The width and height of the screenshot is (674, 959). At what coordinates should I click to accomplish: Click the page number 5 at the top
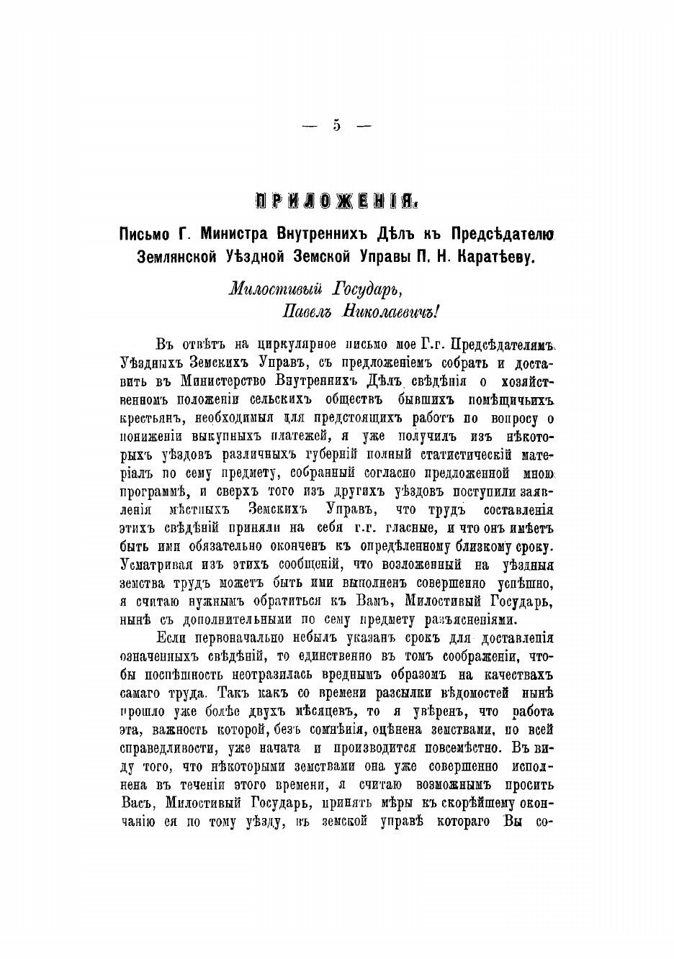[337, 125]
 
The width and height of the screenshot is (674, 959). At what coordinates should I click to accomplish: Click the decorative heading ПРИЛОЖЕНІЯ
[336, 199]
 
